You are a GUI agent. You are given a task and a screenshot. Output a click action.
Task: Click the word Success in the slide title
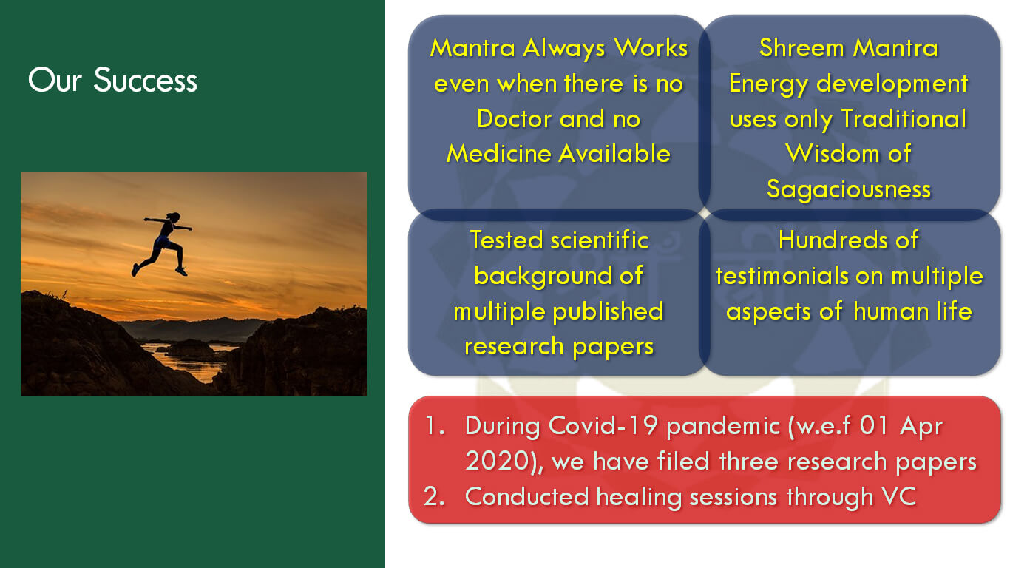[x=145, y=81]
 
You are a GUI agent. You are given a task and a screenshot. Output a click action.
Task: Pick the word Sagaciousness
[x=848, y=189]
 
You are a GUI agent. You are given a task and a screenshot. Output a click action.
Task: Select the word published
[x=609, y=311]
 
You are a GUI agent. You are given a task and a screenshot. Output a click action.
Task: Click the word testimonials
[x=782, y=275]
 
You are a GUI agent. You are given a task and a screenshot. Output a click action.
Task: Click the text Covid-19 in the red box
[x=603, y=425]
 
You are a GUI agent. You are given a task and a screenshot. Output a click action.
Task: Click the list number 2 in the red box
[x=431, y=496]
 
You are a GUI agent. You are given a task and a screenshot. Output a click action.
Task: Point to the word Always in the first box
[x=563, y=49]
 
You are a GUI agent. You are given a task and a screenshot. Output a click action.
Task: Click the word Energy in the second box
[x=768, y=84]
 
